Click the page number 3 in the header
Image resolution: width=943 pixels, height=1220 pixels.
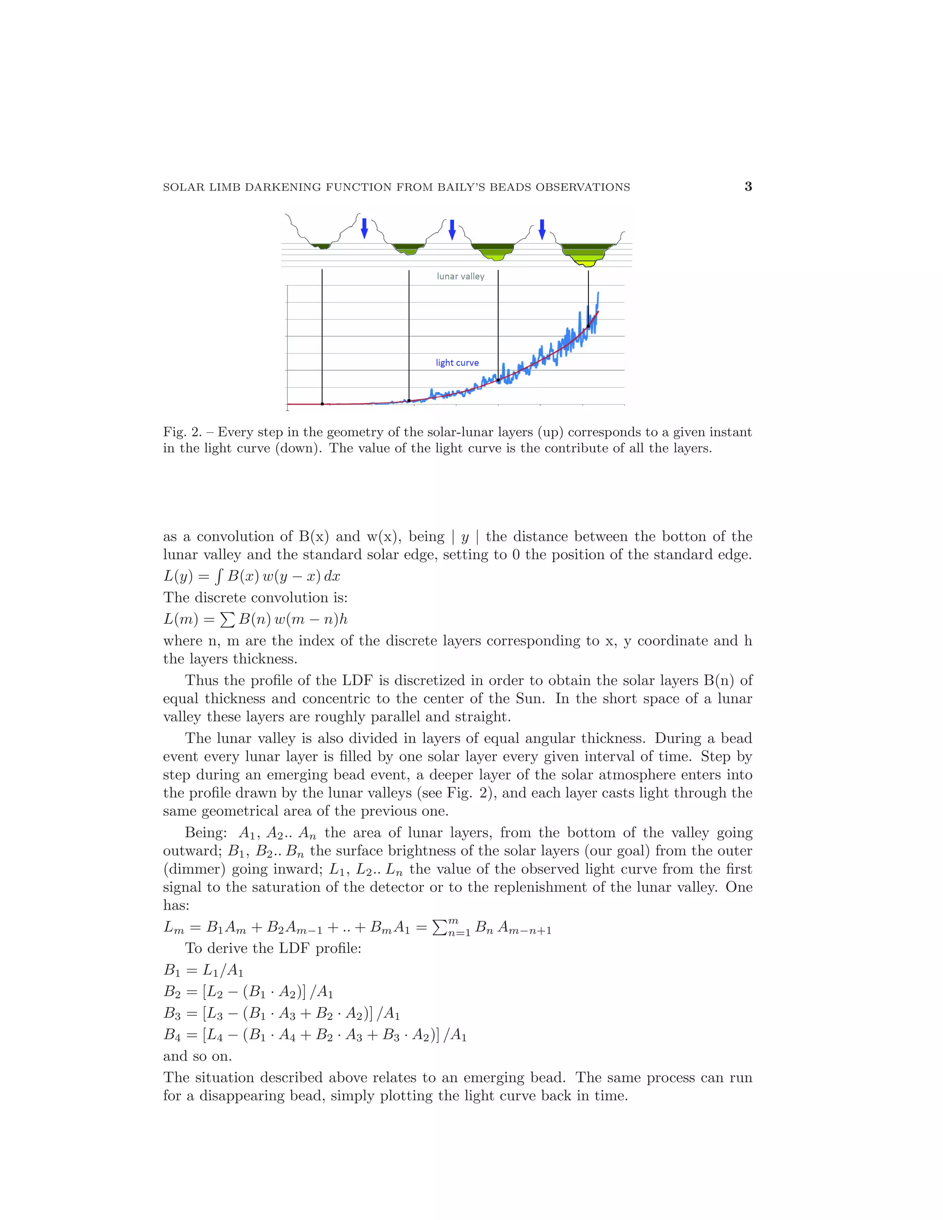(748, 186)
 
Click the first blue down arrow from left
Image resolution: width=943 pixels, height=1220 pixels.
(364, 228)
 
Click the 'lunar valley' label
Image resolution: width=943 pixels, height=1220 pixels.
(460, 276)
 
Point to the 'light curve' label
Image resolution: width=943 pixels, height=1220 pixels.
(457, 362)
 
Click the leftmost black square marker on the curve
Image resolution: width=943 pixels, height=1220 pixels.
(322, 403)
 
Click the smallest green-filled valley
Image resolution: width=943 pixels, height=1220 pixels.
(322, 246)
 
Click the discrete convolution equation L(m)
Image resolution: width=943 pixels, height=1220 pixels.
(255, 619)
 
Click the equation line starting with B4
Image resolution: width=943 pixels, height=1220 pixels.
(314, 1035)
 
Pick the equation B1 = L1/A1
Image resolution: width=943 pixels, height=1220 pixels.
(204, 970)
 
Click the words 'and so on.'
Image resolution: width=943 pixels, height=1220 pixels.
(197, 1056)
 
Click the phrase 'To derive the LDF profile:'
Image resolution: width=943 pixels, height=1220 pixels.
(273, 948)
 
